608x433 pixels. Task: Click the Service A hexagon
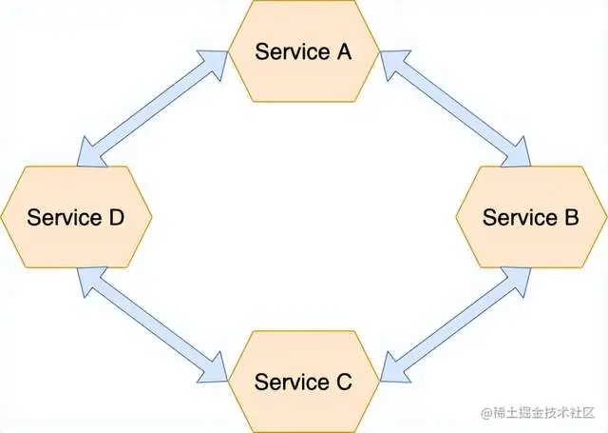click(x=303, y=51)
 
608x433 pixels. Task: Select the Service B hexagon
click(x=531, y=217)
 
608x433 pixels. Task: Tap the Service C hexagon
click(x=303, y=382)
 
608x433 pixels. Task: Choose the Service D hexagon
click(x=76, y=217)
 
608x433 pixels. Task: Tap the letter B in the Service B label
click(x=570, y=217)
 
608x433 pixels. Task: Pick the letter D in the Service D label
click(x=115, y=217)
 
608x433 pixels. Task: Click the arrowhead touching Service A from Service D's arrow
click(x=218, y=60)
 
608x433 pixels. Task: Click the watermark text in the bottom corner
click(x=541, y=414)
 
